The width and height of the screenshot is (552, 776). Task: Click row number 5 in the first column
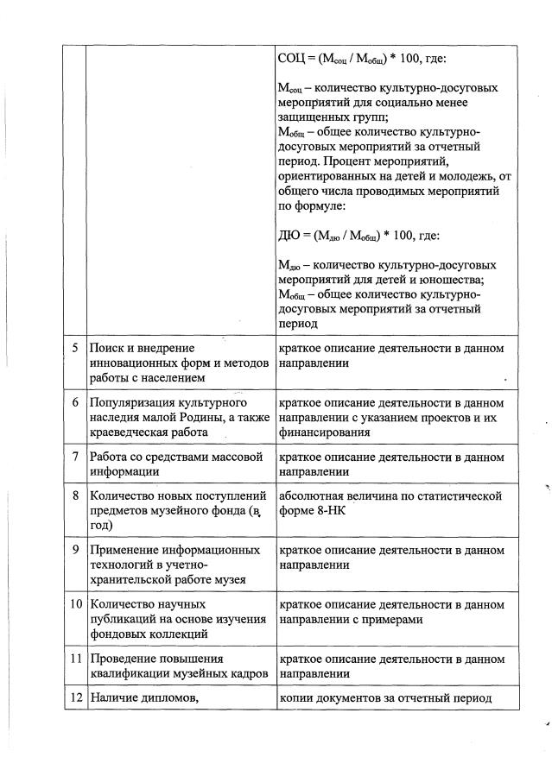coord(76,348)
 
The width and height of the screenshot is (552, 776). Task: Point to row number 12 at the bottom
coord(75,698)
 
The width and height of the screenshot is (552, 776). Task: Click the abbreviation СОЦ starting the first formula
coord(291,59)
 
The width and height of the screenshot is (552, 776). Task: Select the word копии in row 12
coord(295,698)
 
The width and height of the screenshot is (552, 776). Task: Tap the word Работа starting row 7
coord(110,456)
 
